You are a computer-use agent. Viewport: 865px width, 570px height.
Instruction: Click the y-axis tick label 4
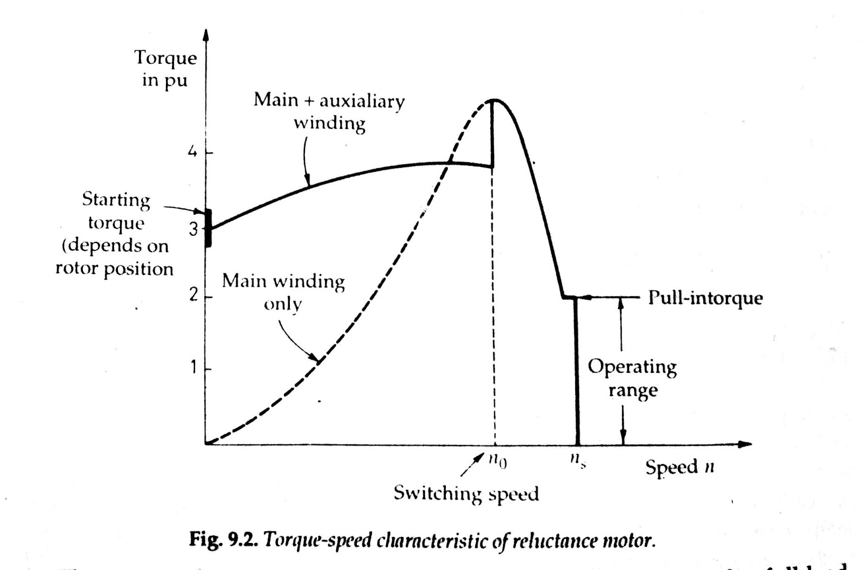point(192,152)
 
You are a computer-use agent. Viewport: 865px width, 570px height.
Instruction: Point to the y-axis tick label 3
point(194,229)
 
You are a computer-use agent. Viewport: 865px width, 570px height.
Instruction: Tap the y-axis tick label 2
point(194,296)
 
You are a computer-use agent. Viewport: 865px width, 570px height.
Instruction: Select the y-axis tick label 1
point(193,368)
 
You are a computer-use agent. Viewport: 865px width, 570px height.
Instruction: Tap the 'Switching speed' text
point(466,493)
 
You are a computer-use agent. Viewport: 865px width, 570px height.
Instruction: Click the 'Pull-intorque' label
point(705,298)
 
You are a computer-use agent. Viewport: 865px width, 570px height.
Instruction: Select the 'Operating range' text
point(632,378)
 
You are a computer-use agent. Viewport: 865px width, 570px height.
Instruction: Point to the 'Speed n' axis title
point(680,467)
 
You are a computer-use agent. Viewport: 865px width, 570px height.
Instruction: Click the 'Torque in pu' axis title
point(165,69)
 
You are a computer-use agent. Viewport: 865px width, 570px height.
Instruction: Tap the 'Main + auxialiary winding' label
point(329,111)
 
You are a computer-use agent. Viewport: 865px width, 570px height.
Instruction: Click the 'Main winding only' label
point(283,292)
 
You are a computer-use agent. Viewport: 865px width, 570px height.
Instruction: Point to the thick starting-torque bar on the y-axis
point(208,228)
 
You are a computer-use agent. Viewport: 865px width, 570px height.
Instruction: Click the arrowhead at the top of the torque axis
point(205,34)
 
